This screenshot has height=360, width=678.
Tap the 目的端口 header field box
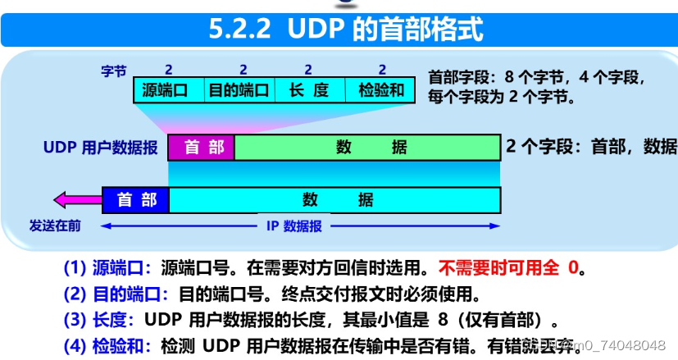(239, 90)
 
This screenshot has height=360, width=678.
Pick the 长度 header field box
(308, 90)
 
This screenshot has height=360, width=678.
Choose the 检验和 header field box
(382, 90)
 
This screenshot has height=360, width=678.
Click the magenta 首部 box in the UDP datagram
(202, 148)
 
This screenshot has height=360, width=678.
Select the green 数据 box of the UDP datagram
(367, 148)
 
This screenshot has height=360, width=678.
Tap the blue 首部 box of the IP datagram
(136, 199)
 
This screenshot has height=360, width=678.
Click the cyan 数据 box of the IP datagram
(334, 199)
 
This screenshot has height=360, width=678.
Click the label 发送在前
(55, 226)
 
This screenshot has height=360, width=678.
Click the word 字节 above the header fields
(115, 71)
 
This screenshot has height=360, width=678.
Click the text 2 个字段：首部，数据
(591, 147)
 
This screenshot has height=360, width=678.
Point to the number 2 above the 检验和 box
(382, 70)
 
